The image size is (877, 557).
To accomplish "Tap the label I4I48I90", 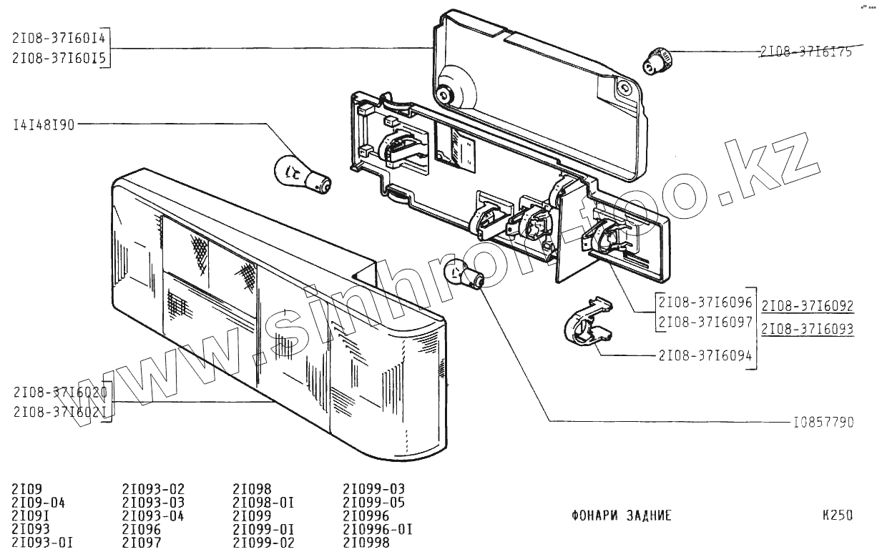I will coord(44,125).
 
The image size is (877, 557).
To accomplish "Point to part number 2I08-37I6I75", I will coord(806,51).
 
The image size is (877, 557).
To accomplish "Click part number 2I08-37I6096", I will coord(705,302).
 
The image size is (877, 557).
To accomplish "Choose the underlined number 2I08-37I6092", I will coord(808,307).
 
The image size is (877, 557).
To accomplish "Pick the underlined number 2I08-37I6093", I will coord(808,330).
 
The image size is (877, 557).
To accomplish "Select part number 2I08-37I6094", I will coord(705,355).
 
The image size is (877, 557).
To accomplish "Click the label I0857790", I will coord(823,423).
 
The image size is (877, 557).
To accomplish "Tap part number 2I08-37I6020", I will coord(60,392).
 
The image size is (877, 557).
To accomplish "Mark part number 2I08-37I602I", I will coord(60,413).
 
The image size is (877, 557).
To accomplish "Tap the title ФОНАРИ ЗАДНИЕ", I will coord(622,516).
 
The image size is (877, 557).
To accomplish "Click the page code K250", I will coord(838,515).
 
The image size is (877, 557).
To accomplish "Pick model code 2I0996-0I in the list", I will coord(378,529).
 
